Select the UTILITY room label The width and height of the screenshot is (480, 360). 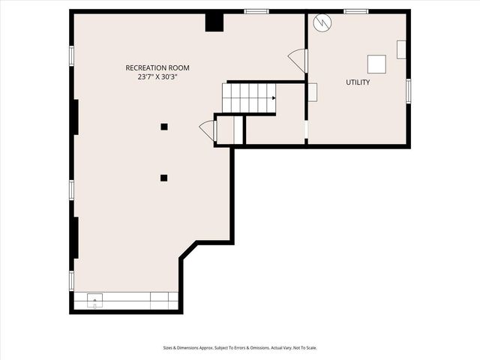click(x=358, y=82)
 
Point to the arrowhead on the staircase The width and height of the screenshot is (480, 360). click(x=273, y=97)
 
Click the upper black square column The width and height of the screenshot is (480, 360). click(x=164, y=127)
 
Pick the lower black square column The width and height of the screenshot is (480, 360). click(x=163, y=178)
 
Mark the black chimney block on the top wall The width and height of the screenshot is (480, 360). click(x=214, y=22)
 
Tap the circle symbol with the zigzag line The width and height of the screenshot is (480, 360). click(x=321, y=22)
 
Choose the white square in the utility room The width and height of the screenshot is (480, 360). click(x=376, y=64)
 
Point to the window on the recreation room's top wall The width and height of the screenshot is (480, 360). click(x=256, y=11)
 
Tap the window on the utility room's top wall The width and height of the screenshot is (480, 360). click(x=355, y=11)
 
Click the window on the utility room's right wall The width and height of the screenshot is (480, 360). click(x=409, y=90)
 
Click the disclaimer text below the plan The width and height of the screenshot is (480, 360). click(x=240, y=347)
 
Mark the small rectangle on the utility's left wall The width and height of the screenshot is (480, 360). click(x=312, y=92)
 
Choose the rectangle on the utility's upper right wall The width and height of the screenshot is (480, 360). click(x=401, y=49)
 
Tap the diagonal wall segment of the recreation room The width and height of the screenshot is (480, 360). click(x=188, y=250)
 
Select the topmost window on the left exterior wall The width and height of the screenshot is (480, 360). click(x=72, y=55)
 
